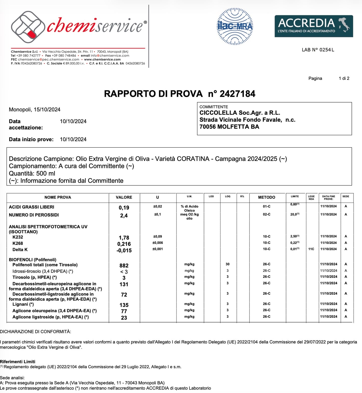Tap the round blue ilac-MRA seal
pos(235,26)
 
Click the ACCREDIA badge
pos(314,26)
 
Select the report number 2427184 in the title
pos(237,94)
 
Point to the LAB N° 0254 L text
pos(318,50)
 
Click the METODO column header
pos(267,197)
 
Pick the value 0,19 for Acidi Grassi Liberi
pos(124,208)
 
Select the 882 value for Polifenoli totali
pos(124,266)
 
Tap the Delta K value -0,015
pos(124,251)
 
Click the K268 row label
pos(18,243)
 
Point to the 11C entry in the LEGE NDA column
pos(311,249)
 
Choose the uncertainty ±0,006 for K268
pos(158,243)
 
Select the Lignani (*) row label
pos(23,304)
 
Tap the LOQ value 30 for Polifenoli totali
pos(227,264)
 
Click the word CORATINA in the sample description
pos(193,159)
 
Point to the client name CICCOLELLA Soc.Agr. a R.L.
pos(240,113)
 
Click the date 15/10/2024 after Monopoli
pos(47,110)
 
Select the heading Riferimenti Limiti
pos(18,362)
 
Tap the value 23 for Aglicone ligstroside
pos(124,318)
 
